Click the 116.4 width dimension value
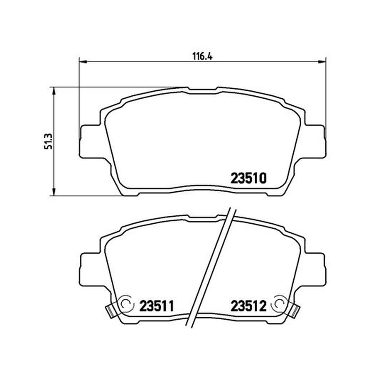[x=203, y=56]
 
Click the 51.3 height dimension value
[x=48, y=141]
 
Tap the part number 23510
[x=249, y=179]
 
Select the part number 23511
[x=157, y=306]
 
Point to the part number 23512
[x=249, y=306]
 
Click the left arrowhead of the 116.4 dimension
[x=83, y=62]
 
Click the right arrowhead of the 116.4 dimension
[x=322, y=62]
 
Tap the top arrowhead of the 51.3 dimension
[x=54, y=91]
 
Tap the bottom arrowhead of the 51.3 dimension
[x=54, y=192]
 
